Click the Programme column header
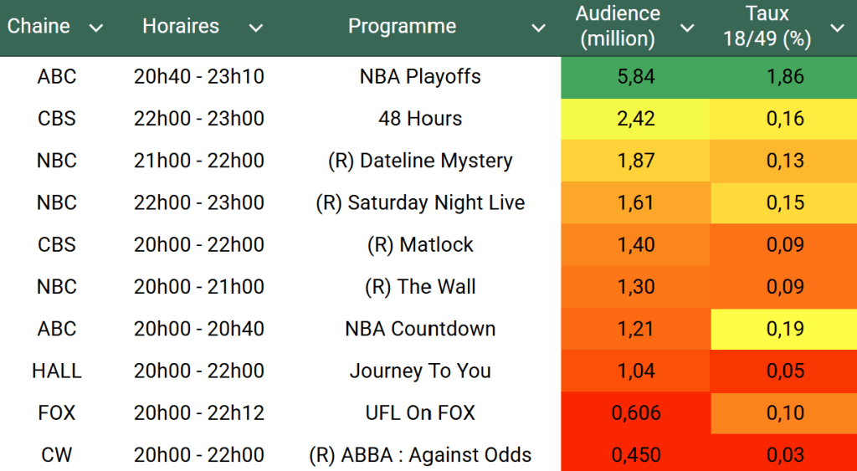pyautogui.click(x=402, y=27)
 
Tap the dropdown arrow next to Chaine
pyautogui.click(x=96, y=28)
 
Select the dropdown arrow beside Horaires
pyautogui.click(x=256, y=28)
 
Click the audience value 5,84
pyautogui.click(x=634, y=77)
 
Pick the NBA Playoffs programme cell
pyautogui.click(x=420, y=77)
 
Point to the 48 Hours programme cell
pyautogui.click(x=420, y=119)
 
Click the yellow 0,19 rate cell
pyautogui.click(x=785, y=329)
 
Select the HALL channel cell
pyautogui.click(x=57, y=371)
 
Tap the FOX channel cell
pyautogui.click(x=57, y=412)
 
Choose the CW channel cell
pyautogui.click(x=57, y=455)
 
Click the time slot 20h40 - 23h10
pyautogui.click(x=199, y=77)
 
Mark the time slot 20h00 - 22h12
pyautogui.click(x=199, y=412)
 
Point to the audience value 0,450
pyautogui.click(x=635, y=455)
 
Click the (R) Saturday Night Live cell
pyautogui.click(x=420, y=202)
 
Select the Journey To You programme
pyautogui.click(x=420, y=371)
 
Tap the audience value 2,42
pyautogui.click(x=635, y=119)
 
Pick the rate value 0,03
pyautogui.click(x=785, y=455)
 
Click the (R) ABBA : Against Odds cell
pyautogui.click(x=420, y=455)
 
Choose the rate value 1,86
pyautogui.click(x=785, y=77)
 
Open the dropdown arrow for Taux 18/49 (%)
pyautogui.click(x=837, y=28)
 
